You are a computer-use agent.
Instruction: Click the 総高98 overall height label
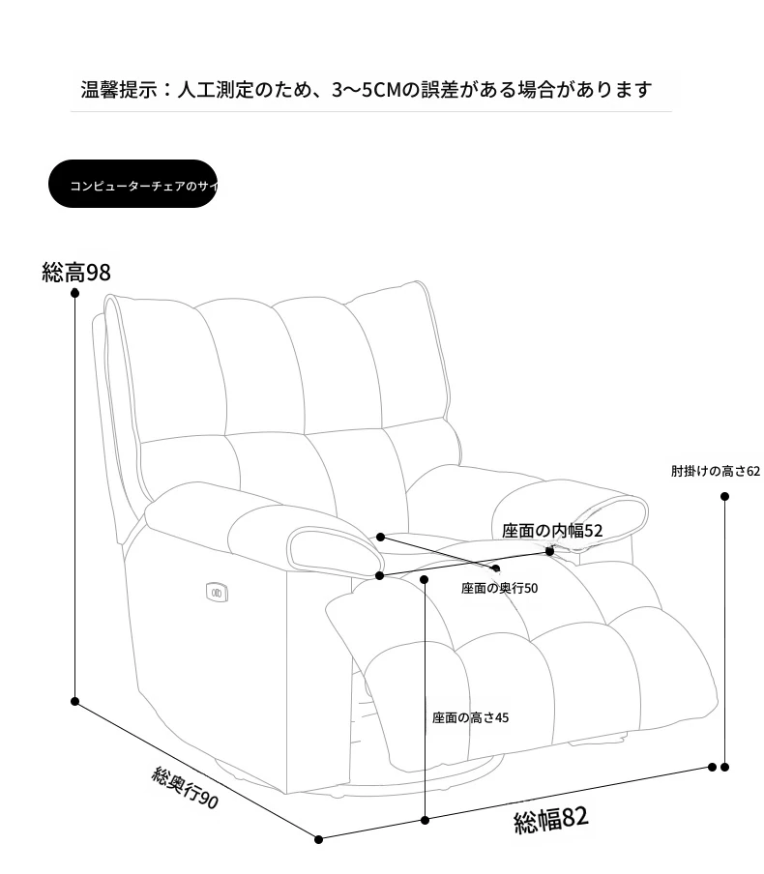(x=76, y=273)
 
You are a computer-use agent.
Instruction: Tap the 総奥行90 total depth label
(x=185, y=788)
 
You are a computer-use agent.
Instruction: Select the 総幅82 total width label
(x=551, y=820)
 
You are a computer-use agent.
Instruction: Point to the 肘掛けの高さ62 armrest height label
(x=716, y=471)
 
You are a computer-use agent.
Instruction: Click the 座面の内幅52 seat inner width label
(x=552, y=530)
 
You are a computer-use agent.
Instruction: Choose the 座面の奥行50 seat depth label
(x=500, y=588)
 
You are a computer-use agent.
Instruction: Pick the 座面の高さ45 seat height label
(x=470, y=717)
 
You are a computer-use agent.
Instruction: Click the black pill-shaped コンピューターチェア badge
(x=132, y=184)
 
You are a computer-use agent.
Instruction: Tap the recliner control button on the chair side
(x=217, y=592)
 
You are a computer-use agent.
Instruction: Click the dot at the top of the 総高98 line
(x=74, y=293)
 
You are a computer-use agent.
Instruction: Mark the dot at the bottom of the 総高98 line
(x=74, y=701)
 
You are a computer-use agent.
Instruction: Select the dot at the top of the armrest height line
(x=724, y=496)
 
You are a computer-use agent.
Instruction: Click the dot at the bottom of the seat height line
(x=425, y=820)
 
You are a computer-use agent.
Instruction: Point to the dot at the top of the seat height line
(x=425, y=580)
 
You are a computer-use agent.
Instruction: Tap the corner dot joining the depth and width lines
(x=318, y=839)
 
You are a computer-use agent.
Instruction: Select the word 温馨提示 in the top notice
(x=119, y=89)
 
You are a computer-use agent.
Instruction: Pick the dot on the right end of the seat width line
(x=550, y=551)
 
